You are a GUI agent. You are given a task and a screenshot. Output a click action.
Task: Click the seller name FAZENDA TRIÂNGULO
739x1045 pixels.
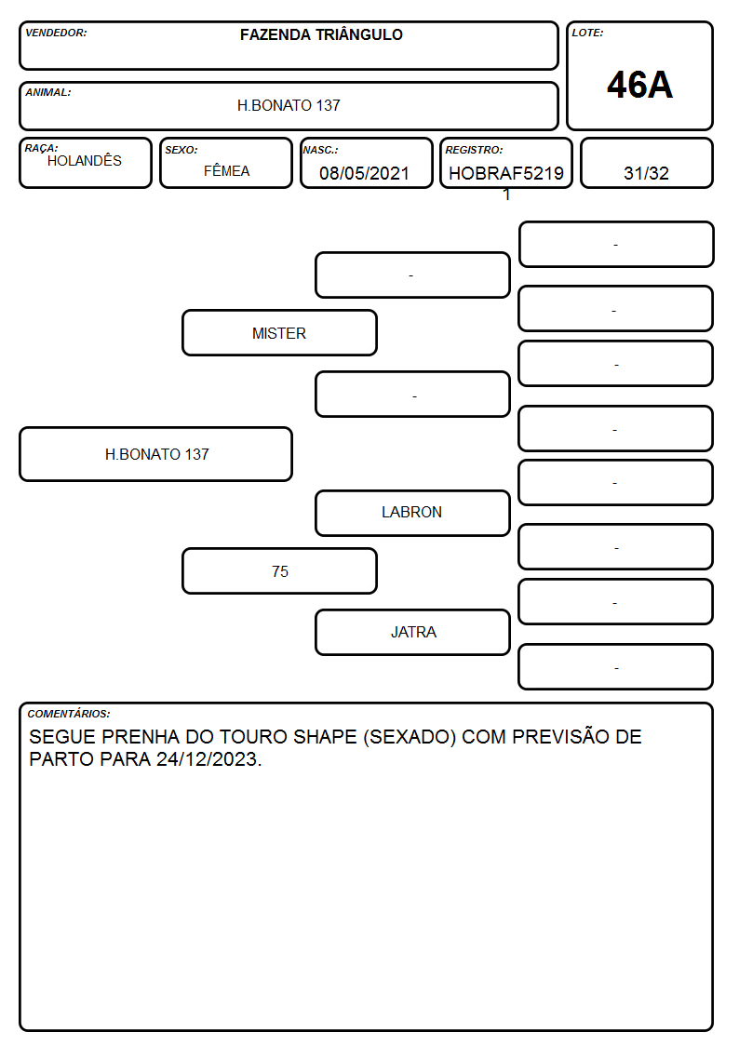point(321,34)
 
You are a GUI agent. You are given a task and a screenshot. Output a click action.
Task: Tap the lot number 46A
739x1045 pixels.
point(639,85)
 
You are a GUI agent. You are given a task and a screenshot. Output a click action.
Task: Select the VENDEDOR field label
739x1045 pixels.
point(56,33)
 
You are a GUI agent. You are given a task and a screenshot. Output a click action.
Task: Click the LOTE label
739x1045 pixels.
point(587,33)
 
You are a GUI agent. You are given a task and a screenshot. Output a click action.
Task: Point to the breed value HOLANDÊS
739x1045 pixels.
point(85,161)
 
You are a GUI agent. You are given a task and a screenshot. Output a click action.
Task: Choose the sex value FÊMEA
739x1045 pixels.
point(226,170)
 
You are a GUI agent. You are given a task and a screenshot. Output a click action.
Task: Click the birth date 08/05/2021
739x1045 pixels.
point(364,173)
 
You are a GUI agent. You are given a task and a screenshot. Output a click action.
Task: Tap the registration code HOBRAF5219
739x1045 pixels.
point(505,173)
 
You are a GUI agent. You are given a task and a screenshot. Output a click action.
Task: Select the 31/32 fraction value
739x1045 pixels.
point(646,173)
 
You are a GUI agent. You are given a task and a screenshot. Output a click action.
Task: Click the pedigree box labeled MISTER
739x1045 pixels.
point(280,332)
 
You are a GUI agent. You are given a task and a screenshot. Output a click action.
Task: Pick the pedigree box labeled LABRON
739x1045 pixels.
point(412,513)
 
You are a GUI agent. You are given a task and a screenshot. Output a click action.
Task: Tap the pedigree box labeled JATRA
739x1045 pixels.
point(412,632)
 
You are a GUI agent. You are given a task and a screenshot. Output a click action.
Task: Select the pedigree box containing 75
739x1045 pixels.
point(280,571)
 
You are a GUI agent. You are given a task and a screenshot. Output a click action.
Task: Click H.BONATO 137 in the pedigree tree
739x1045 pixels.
point(156,454)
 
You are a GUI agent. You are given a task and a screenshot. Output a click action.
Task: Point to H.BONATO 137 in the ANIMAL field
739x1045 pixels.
point(289,105)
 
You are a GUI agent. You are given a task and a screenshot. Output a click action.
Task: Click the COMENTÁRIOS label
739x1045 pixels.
point(69,714)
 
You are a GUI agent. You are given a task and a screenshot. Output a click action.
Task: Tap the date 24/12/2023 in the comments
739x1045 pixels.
point(207,759)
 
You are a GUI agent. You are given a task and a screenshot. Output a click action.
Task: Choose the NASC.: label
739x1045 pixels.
point(320,150)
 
